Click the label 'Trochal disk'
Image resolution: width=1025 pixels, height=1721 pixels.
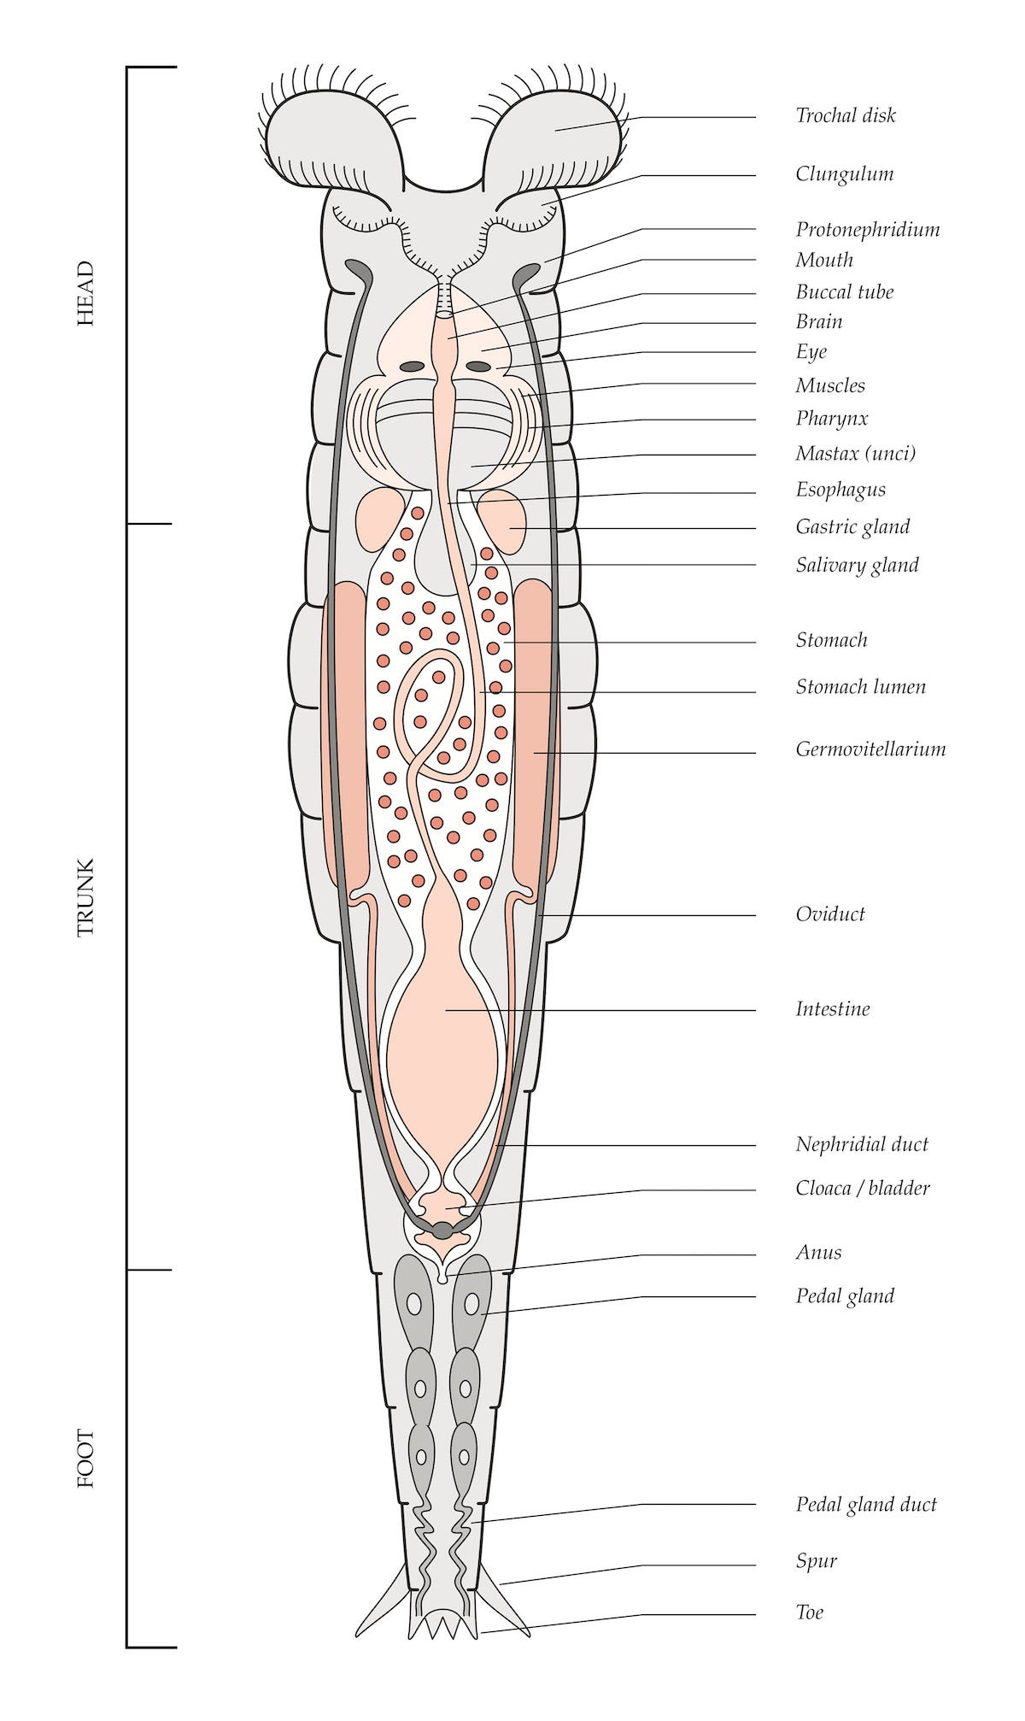(x=845, y=116)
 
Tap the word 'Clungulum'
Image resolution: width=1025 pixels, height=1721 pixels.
(x=844, y=174)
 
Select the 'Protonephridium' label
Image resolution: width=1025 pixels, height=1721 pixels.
(x=867, y=230)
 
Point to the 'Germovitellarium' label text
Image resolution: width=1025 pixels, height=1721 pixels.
(x=870, y=749)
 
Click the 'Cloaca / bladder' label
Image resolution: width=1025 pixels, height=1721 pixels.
(x=862, y=1188)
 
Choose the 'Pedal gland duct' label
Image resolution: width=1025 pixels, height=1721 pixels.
(x=866, y=1505)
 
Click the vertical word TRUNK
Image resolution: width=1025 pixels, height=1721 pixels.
(x=85, y=897)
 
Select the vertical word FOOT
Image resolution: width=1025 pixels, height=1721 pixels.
(x=85, y=1459)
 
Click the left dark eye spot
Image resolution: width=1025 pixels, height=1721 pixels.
(x=413, y=367)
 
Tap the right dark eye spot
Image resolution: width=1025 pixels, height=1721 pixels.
(x=478, y=367)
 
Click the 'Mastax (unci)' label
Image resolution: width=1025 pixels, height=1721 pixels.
(x=855, y=454)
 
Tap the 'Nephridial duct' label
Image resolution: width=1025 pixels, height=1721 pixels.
(x=861, y=1145)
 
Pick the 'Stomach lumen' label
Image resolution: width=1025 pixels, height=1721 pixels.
(x=860, y=687)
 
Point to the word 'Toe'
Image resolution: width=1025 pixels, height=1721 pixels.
(x=809, y=1613)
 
